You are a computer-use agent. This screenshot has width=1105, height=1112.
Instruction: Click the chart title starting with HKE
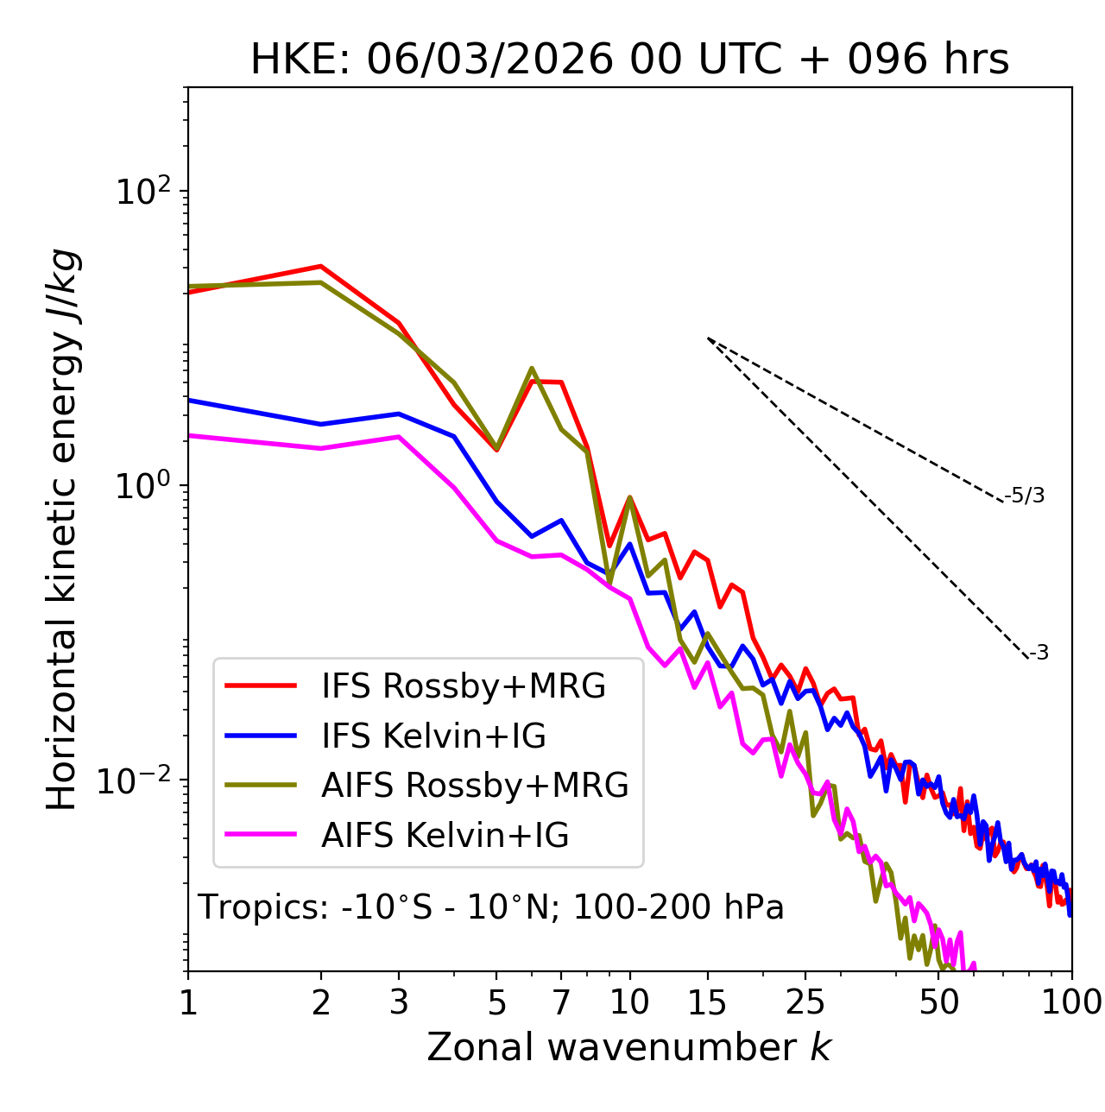(x=629, y=60)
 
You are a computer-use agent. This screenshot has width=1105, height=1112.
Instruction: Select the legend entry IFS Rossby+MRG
(x=463, y=686)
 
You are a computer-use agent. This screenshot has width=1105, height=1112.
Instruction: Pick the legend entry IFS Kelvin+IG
(x=433, y=736)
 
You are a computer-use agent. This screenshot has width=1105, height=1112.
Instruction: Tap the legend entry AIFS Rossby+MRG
(x=474, y=786)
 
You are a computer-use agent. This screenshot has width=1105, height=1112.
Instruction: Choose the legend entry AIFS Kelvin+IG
(x=445, y=836)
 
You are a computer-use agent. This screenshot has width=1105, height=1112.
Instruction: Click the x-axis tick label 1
(x=188, y=1001)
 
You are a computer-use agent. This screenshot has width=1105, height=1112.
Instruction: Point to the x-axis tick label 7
(x=561, y=1001)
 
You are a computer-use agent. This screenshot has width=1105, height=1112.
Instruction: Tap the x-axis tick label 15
(x=707, y=1001)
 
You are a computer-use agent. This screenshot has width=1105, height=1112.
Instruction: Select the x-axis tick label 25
(x=805, y=1001)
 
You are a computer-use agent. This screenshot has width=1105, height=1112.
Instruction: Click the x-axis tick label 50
(x=938, y=1001)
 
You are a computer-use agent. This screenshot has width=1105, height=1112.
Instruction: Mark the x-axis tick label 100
(x=1071, y=1001)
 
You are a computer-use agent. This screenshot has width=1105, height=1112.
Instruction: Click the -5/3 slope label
(x=1025, y=496)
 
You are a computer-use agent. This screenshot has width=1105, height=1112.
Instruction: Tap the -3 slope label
(x=1039, y=654)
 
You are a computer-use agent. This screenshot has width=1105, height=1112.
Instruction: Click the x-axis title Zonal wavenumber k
(x=629, y=1047)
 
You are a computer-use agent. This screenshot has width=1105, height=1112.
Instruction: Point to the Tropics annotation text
(x=490, y=907)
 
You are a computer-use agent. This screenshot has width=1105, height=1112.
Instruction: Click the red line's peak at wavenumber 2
(x=321, y=266)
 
